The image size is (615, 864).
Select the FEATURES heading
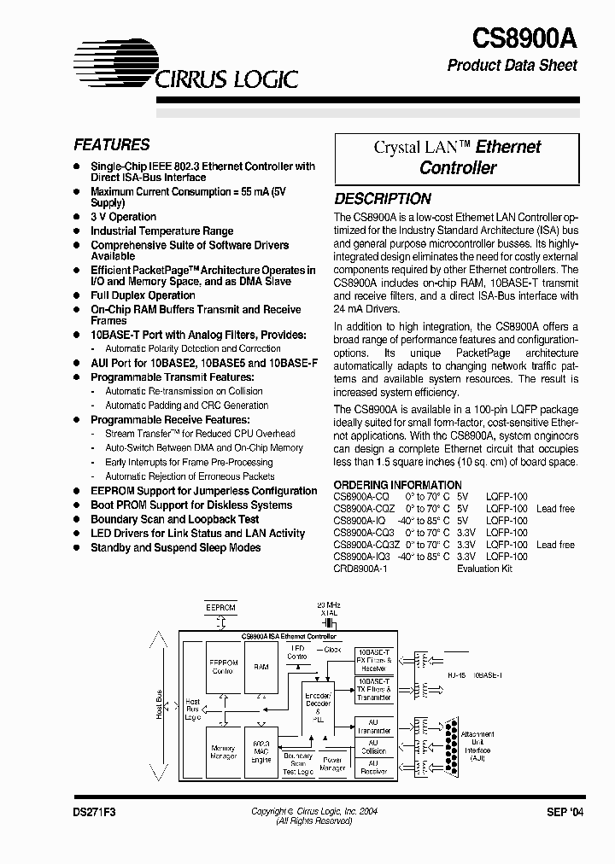click(x=111, y=145)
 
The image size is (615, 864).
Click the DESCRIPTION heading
click(x=382, y=199)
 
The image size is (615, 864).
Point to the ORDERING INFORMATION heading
click(x=397, y=485)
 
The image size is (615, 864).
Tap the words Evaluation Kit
click(x=484, y=569)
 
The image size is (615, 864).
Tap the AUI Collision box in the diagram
click(x=372, y=747)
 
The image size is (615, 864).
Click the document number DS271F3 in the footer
click(x=94, y=813)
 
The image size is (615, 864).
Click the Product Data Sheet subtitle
click(x=512, y=66)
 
